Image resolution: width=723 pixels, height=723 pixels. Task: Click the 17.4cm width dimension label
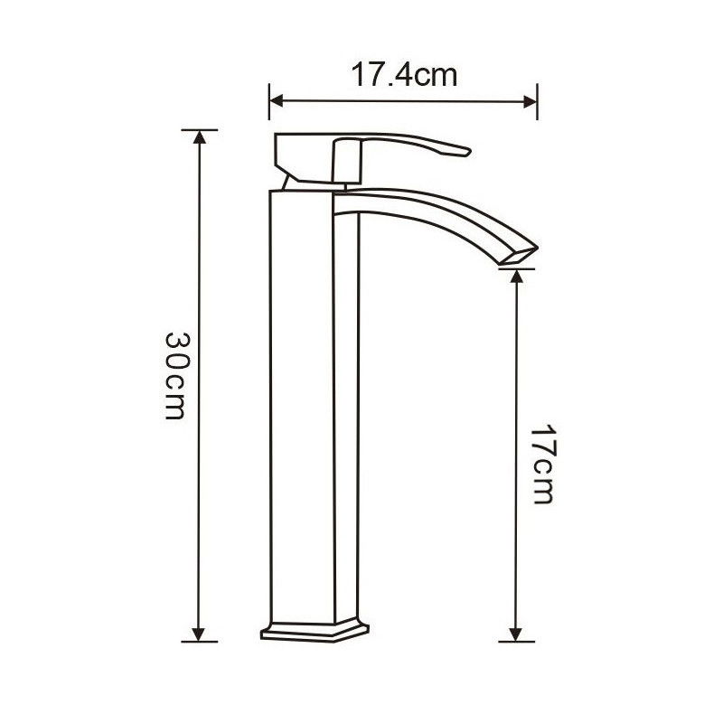(404, 75)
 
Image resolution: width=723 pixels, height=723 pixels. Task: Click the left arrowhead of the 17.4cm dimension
(275, 100)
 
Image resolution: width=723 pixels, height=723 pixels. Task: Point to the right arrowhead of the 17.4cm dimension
(531, 100)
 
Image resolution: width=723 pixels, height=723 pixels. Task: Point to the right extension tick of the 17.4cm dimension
(538, 100)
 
